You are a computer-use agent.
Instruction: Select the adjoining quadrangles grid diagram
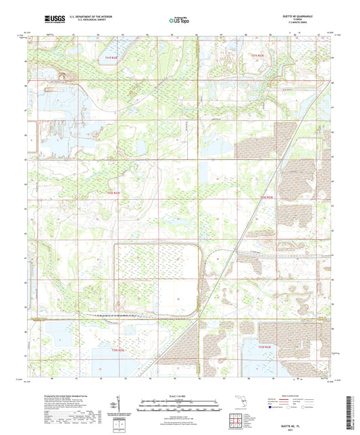[240, 419]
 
